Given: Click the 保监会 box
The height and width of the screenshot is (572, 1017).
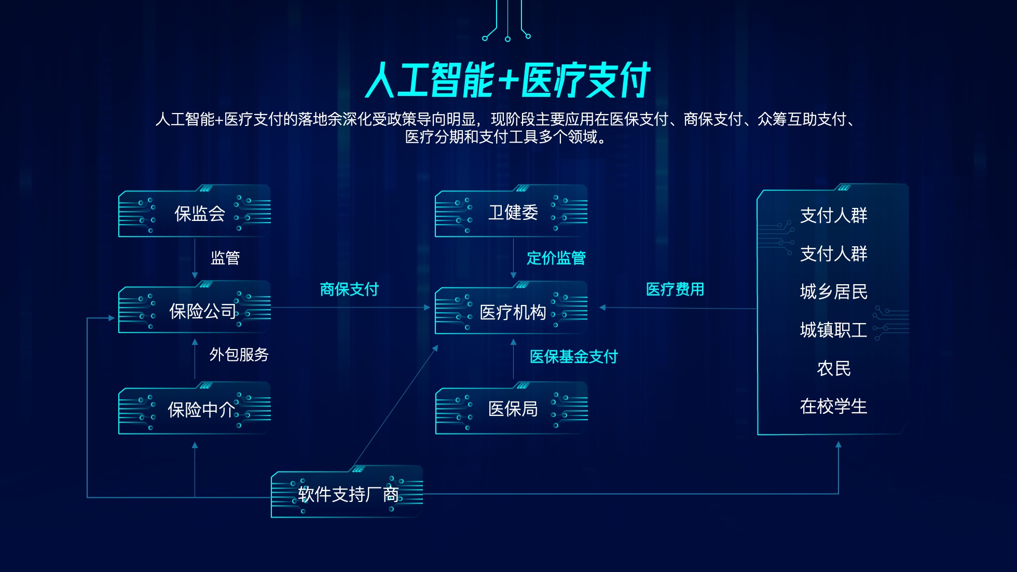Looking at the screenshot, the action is click(195, 211).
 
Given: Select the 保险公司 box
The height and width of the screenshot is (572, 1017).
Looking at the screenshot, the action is click(195, 307).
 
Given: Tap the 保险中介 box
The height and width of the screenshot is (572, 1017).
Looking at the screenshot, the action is click(195, 408).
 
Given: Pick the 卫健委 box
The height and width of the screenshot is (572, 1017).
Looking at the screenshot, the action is click(511, 211).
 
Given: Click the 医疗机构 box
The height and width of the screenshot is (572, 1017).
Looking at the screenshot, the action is click(511, 308).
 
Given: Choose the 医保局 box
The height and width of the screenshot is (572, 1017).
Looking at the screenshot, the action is click(511, 408).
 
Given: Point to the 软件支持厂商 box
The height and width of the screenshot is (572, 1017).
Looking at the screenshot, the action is click(347, 492).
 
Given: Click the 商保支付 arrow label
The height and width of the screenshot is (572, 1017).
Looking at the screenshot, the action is click(349, 289).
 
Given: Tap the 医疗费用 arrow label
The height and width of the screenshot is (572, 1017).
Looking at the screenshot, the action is click(675, 289).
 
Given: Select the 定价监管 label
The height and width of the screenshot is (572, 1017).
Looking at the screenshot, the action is click(556, 258).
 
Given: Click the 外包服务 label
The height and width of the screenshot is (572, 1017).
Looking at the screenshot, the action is click(239, 355).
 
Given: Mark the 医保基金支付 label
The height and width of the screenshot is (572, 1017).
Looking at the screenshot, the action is click(574, 357).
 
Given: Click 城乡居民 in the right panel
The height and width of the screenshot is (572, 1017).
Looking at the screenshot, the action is click(834, 292).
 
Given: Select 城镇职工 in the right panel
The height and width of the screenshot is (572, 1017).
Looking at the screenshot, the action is click(834, 330).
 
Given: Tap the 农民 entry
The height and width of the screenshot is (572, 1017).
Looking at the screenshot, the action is click(834, 369).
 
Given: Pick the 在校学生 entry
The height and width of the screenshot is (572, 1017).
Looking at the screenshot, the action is click(834, 407).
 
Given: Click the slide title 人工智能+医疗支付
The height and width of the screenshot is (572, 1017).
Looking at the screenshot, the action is click(507, 80).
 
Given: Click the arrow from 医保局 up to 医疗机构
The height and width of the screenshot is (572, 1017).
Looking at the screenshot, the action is click(513, 359).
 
